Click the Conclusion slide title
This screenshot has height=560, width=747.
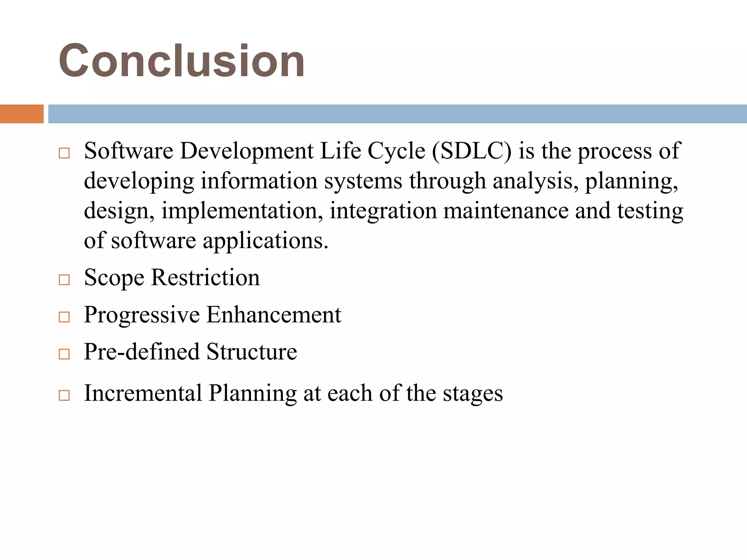coord(182,61)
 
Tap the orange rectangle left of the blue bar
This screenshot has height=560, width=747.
coord(22,114)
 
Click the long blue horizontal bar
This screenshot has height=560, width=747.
coord(397,114)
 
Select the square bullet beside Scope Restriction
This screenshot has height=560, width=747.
coord(64,280)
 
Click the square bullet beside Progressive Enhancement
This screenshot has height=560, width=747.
coord(64,317)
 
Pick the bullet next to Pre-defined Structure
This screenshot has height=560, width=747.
coord(64,354)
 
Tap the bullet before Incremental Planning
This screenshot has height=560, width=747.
coord(64,395)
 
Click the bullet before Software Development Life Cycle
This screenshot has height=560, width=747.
coord(64,153)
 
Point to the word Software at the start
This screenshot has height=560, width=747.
coord(128,151)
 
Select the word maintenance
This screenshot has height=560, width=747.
coord(506,211)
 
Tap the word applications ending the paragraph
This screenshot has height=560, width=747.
coord(265,241)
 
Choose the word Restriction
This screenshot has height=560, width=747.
coord(205,278)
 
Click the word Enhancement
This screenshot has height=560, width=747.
coord(274,315)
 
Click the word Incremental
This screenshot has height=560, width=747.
coord(143,393)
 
